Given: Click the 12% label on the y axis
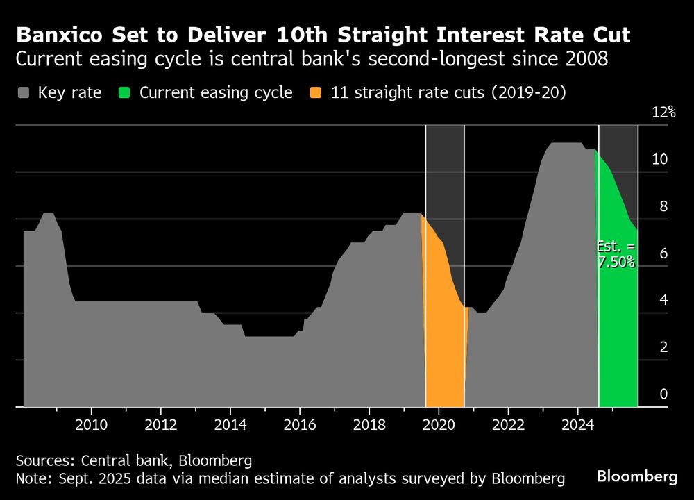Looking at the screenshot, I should click(663, 112).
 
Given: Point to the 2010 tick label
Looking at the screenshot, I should click(90, 425).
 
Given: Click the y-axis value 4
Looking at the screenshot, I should click(663, 300).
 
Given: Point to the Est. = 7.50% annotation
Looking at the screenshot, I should click(616, 254).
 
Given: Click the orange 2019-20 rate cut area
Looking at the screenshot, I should click(443, 333).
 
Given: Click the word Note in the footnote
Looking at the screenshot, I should click(32, 478).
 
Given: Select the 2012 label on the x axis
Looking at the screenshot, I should click(160, 425).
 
